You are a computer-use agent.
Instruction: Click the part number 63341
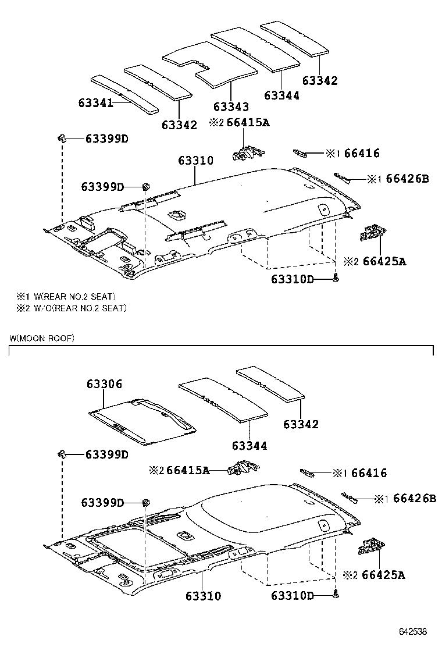click(95, 103)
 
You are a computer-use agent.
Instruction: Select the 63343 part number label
click(231, 107)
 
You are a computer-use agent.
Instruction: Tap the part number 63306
click(105, 384)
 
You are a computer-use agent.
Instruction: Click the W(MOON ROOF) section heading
click(42, 338)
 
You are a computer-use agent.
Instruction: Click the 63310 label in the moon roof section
click(204, 596)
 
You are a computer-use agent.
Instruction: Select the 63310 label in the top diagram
click(195, 161)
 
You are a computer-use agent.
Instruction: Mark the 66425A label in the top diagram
click(384, 261)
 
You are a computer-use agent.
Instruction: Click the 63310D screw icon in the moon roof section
click(336, 595)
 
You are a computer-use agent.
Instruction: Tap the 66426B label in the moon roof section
click(414, 499)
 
